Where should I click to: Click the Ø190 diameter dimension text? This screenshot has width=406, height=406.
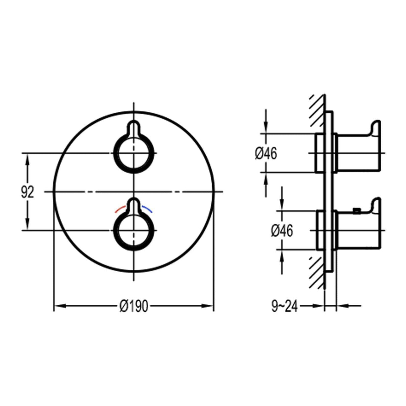coord(134,306)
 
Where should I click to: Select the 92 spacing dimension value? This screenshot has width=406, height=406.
coord(27,192)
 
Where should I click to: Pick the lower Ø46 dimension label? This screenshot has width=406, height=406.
coord(282,231)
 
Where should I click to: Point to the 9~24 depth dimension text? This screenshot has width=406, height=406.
coord(284,306)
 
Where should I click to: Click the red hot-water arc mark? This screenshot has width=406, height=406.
coord(119,209)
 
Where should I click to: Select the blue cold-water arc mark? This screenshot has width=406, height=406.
coord(147,209)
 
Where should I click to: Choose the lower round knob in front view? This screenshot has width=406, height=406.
coord(134,230)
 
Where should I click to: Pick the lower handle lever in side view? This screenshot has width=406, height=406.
coord(360,227)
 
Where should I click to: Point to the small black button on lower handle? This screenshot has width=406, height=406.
coord(357,211)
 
